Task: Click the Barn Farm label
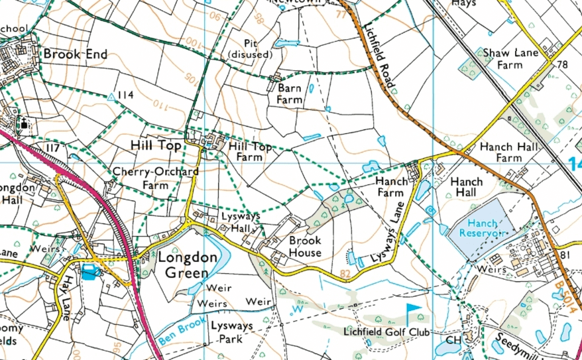pos(290,93)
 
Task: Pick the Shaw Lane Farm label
pos(511,58)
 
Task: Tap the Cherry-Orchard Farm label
pos(156,178)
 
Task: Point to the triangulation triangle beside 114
pos(111,96)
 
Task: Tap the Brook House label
pos(305,246)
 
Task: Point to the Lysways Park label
pos(228,332)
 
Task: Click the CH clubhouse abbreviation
pos(453,340)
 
